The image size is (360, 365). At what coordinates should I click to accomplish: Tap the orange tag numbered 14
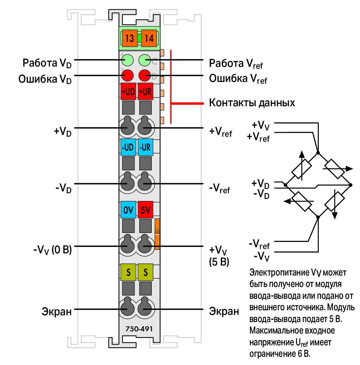[x=149, y=38]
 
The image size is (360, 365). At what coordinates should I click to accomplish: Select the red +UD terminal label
[x=128, y=92]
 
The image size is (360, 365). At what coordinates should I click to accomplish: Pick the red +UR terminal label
[x=145, y=92]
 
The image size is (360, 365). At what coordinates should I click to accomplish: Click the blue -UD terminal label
[x=128, y=147]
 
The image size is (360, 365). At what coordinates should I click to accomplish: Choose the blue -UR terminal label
[x=145, y=147]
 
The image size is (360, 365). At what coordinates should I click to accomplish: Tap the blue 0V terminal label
[x=128, y=210]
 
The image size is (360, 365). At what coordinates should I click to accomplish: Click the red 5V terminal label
[x=145, y=210]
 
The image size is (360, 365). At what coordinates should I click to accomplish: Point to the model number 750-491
[x=139, y=329]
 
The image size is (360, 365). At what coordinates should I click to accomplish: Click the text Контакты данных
[x=252, y=103]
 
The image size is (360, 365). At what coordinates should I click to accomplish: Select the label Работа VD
[x=47, y=63]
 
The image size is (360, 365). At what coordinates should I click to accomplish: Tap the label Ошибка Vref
[x=238, y=79]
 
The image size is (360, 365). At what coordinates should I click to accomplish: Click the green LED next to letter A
[x=128, y=60]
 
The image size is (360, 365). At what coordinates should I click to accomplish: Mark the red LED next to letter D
[x=145, y=76]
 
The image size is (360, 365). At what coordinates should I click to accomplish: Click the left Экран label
[x=57, y=311]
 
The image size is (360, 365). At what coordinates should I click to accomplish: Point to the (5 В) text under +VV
[x=219, y=262]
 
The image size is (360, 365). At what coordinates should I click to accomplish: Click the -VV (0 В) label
[x=53, y=250]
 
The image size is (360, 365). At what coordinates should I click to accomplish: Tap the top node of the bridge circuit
[x=318, y=153]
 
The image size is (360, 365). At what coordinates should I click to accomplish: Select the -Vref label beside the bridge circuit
[x=259, y=244]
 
